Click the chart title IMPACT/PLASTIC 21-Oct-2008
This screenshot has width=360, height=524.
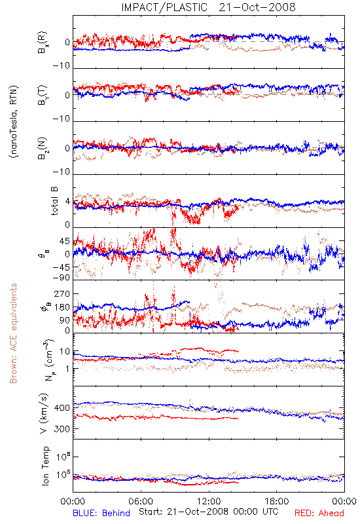point(208,7)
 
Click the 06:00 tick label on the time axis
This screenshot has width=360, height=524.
point(141,501)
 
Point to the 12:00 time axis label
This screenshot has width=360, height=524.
point(209,501)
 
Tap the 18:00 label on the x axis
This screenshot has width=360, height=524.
point(277,501)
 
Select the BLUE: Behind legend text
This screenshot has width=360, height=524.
point(101,513)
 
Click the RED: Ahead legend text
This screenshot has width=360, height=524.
point(319,513)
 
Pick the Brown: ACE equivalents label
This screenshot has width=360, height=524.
point(13,333)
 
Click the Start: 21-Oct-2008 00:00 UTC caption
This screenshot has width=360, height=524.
point(209,512)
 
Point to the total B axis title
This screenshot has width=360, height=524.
point(54,201)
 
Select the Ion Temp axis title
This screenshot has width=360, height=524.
point(46,466)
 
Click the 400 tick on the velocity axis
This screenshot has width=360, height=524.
point(62,407)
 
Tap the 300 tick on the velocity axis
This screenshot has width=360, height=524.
point(62,428)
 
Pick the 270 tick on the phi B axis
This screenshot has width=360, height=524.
point(62,293)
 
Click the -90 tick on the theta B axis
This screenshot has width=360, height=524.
point(62,277)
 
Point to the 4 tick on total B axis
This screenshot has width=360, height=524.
point(68,201)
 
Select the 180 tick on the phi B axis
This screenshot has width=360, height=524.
point(62,307)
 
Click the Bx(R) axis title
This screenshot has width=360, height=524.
point(43,43)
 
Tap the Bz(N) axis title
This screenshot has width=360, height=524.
point(43,149)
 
